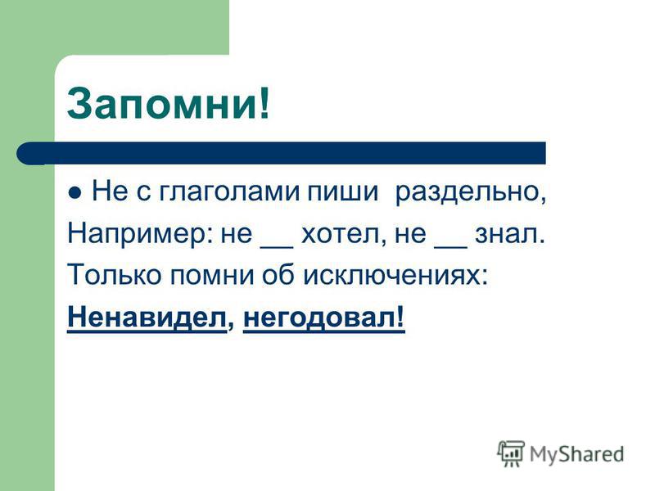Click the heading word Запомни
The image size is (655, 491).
click(162, 104)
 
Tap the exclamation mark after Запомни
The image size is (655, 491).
click(264, 103)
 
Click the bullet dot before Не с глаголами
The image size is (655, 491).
click(75, 193)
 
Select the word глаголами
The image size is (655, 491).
click(228, 191)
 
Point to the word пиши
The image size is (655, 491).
click(342, 191)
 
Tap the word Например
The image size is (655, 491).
click(137, 234)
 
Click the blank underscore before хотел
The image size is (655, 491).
click(277, 247)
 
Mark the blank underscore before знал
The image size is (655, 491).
click(451, 247)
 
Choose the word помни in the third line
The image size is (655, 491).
click(212, 275)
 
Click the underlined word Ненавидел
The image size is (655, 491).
click(147, 318)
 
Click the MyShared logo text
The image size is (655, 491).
click(576, 455)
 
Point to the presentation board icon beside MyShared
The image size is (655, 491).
click(510, 453)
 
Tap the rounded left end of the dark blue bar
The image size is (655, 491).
click(26, 153)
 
